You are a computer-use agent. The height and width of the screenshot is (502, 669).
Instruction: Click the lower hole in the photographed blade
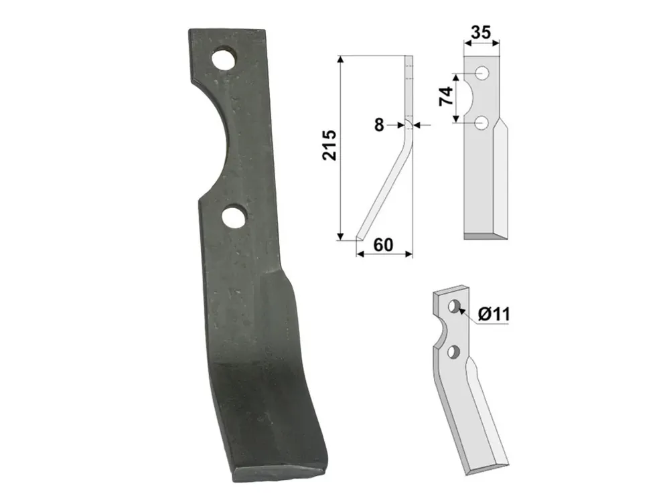pos(234,217)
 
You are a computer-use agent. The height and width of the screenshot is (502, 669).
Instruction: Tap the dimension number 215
pos(329,145)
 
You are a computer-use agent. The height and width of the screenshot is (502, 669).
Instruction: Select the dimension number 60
pos(383,245)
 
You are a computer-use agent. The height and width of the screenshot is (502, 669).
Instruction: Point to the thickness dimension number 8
pos(379,125)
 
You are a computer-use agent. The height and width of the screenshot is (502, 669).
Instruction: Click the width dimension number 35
pos(481,32)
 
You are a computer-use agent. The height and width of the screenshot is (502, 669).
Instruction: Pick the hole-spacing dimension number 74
pos(445,96)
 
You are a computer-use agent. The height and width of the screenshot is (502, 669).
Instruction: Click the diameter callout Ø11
pos(494,315)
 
